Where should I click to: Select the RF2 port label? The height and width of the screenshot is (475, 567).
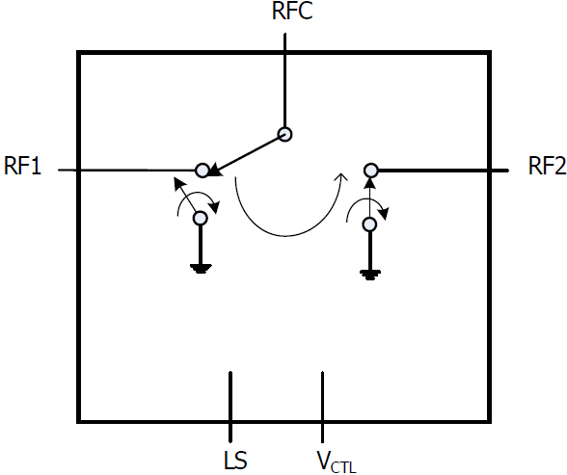click(546, 166)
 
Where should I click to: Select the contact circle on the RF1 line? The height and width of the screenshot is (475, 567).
click(202, 171)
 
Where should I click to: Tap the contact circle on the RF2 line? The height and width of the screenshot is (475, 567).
click(369, 171)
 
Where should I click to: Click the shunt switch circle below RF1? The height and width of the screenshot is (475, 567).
click(201, 218)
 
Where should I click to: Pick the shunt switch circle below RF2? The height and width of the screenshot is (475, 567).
click(368, 224)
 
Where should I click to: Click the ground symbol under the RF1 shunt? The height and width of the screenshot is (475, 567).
click(201, 267)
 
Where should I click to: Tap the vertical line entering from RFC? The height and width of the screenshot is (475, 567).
click(285, 87)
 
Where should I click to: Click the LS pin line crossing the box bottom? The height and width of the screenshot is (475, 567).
click(230, 405)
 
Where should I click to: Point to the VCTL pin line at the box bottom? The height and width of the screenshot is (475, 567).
click(323, 405)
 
